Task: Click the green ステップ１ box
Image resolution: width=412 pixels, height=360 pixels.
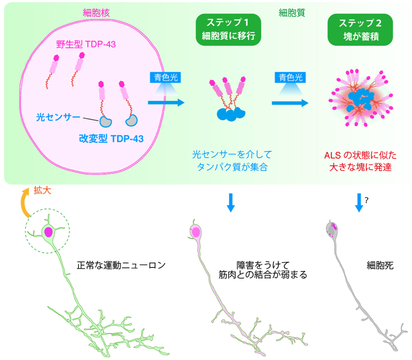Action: coord(229,30)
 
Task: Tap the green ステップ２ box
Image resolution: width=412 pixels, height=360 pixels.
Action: coord(360,30)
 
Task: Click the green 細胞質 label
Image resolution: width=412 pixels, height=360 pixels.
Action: coord(292,13)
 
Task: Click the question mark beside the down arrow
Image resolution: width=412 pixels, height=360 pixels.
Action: coord(366,200)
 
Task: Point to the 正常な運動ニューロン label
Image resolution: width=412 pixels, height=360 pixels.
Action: coord(121,265)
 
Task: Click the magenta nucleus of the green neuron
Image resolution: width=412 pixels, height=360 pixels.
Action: coord(49,232)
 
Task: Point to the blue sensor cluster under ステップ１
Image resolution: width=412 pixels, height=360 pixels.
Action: coord(230,114)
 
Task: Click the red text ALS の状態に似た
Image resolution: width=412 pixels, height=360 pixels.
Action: coord(360,155)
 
